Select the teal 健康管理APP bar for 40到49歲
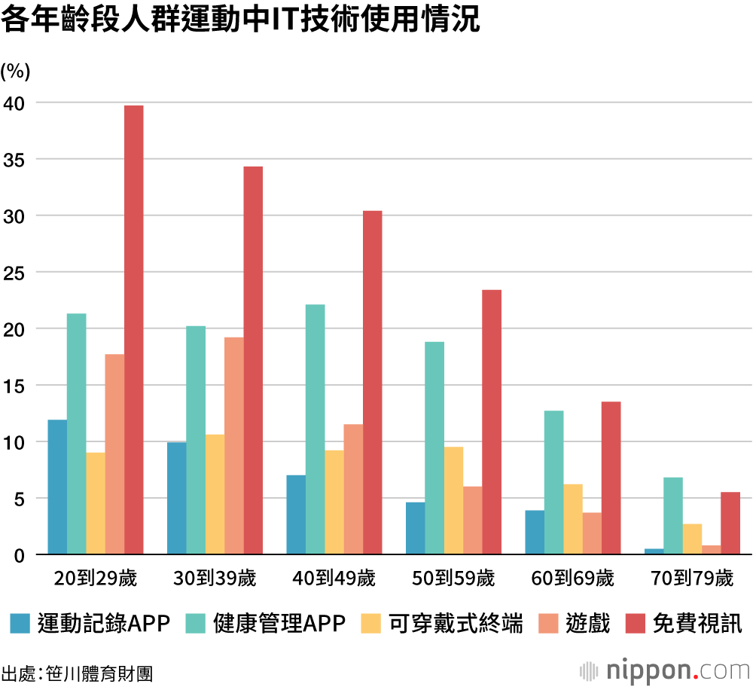[315, 429]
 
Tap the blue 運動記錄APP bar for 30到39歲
[176, 499]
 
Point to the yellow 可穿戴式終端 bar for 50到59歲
[453, 501]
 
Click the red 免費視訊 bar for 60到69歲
[611, 478]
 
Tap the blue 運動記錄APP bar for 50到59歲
[415, 528]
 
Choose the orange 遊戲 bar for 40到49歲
[353, 490]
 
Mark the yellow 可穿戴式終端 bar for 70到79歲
[692, 539]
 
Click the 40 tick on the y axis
[14, 103]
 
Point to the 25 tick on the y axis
[14, 273]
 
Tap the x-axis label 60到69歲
[572, 579]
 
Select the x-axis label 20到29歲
[96, 579]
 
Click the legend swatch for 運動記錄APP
[20, 624]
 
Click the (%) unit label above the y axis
[15, 72]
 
